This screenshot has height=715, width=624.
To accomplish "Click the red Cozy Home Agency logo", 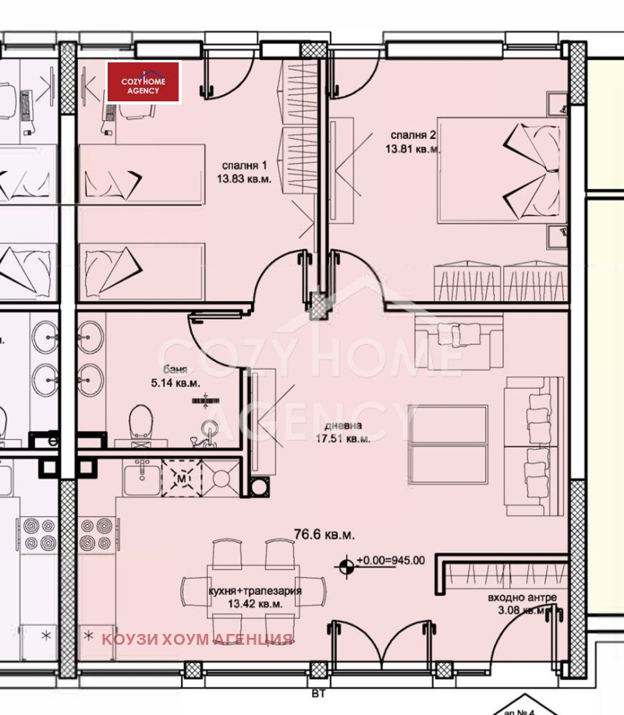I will pyautogui.click(x=144, y=83).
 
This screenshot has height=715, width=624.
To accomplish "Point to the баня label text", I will pyautogui.click(x=174, y=370).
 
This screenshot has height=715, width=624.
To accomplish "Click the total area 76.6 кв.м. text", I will pyautogui.click(x=324, y=536).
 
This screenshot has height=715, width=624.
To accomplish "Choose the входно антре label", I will pyautogui.click(x=523, y=597).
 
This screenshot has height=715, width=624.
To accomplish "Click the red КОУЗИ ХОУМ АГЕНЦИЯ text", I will pyautogui.click(x=197, y=640).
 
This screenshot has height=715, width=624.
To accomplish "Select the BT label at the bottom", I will pyautogui.click(x=316, y=689).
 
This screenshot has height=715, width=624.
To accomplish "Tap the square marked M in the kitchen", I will pyautogui.click(x=181, y=478).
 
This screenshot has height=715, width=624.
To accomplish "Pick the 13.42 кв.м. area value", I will pyautogui.click(x=254, y=604).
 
